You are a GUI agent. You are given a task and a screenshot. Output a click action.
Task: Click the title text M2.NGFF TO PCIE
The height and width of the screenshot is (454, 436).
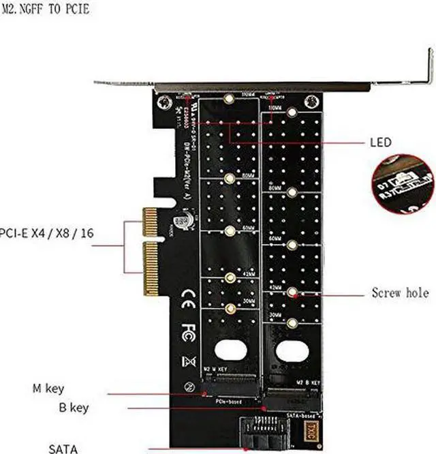coord(46,10)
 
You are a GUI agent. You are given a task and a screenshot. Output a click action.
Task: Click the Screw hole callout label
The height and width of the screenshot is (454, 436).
coord(400,293)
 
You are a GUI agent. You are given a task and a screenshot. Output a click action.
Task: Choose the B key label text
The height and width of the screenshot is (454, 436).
coord(73,408)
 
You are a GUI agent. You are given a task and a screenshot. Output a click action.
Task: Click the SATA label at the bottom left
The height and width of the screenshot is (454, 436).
coord(63,448)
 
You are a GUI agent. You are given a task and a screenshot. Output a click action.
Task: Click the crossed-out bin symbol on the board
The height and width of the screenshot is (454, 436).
coord(190,362)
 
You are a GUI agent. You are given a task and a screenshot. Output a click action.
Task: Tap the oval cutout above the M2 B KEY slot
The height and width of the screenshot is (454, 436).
coord(292,351)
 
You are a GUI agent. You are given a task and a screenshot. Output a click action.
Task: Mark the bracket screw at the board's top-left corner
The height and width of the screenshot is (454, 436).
coord(163,104)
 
